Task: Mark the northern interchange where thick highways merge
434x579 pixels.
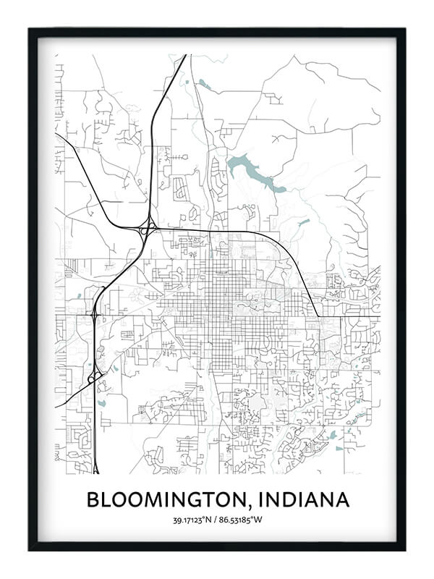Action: pos(147,229)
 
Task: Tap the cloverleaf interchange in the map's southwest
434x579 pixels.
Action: pos(94,376)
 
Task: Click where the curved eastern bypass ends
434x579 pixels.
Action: pos(318,316)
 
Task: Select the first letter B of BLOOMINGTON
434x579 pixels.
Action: pos(93,499)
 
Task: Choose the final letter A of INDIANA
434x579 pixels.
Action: pos(341,499)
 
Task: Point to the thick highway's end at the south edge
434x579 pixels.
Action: pos(95,472)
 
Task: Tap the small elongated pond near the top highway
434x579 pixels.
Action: pos(205,85)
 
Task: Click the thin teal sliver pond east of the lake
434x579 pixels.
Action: pos(304,221)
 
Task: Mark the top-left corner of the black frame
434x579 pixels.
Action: pos(30,30)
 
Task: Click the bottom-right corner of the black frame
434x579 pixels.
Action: pos(404,549)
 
